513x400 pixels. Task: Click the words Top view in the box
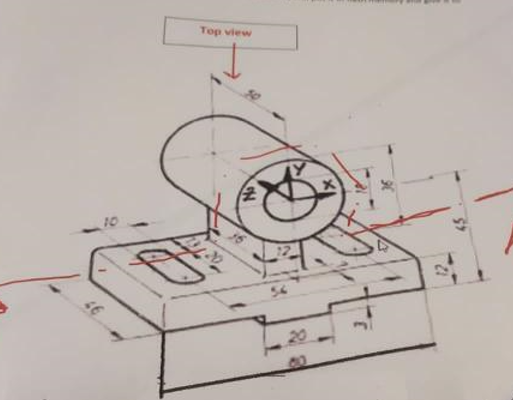point(225,32)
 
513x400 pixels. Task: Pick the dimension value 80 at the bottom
point(299,361)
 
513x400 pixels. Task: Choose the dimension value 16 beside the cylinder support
point(236,239)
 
